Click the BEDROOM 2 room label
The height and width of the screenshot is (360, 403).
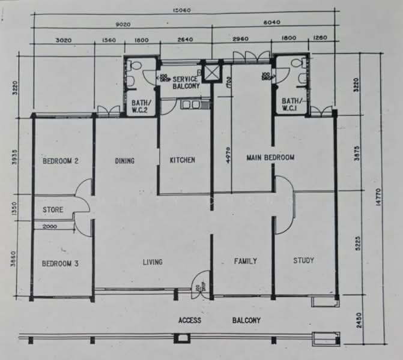click(61, 161)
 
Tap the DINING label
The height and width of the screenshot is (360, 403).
click(124, 161)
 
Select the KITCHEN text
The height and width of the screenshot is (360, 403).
click(182, 160)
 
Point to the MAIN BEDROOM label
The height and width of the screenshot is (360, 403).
click(270, 158)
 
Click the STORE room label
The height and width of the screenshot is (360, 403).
click(52, 211)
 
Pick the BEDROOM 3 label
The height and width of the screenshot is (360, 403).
click(60, 263)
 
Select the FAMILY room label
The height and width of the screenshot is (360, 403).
click(245, 261)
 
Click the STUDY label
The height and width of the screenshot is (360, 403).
click(303, 260)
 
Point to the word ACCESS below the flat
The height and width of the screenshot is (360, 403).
click(190, 320)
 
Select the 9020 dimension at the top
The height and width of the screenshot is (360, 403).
click(124, 25)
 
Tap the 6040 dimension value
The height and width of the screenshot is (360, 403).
click(272, 23)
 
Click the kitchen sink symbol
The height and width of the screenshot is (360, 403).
click(193, 105)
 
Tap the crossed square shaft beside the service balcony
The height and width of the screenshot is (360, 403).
click(212, 73)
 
